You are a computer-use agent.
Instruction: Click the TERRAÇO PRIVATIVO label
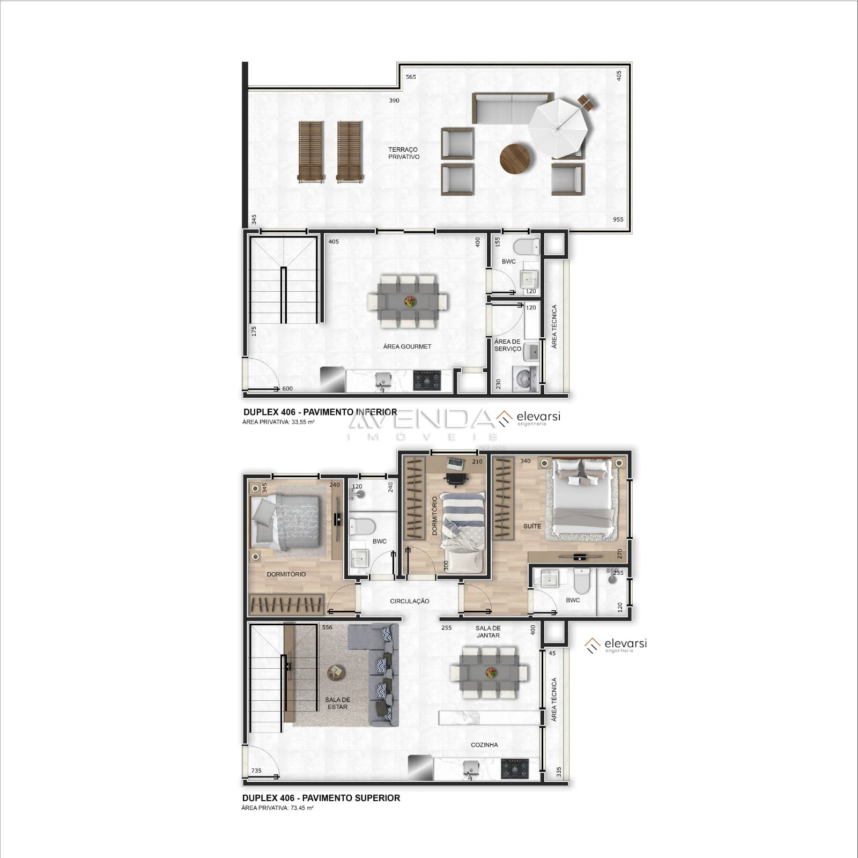(x=404, y=153)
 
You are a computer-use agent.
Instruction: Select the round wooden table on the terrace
(x=515, y=158)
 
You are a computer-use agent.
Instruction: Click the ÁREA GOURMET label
(x=407, y=346)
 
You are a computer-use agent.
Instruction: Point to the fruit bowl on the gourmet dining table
(x=411, y=301)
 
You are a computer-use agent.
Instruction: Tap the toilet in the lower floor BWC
(x=527, y=247)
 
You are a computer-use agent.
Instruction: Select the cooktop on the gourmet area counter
(x=427, y=380)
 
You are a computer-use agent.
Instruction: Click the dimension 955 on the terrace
(x=618, y=219)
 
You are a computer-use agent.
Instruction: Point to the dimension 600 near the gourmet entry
(x=287, y=389)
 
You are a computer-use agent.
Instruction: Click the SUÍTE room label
(x=532, y=526)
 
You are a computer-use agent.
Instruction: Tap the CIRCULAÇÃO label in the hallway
(x=410, y=601)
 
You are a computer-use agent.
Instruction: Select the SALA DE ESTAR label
(x=337, y=703)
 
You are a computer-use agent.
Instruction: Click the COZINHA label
(x=484, y=745)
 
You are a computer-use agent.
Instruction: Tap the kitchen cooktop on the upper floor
(x=515, y=768)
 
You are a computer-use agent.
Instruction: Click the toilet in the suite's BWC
(x=582, y=581)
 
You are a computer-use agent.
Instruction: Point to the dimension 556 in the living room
(x=327, y=627)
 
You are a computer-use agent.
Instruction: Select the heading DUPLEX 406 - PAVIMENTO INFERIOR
(x=320, y=412)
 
